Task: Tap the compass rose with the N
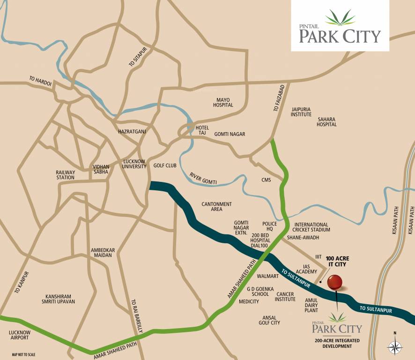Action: coord(395,346)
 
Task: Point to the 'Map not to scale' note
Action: coord(23,354)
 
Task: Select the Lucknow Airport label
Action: coord(19,335)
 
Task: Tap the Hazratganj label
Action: coord(132,132)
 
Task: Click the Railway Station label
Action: coord(65,175)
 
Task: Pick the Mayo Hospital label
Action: coord(223,102)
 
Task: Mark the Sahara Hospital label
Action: coord(326,122)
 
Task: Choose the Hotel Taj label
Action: coord(202,130)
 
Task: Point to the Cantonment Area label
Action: coord(216,207)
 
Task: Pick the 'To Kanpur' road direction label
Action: coord(22,283)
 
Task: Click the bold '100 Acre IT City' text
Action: coord(337,262)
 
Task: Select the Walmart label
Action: coord(267,276)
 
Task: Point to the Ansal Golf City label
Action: coord(269,320)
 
